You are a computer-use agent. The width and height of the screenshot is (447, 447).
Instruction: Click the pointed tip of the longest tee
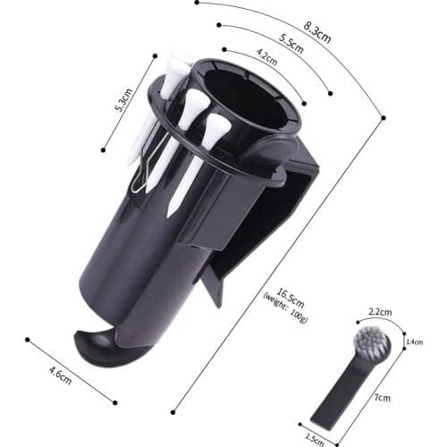click(x=169, y=215)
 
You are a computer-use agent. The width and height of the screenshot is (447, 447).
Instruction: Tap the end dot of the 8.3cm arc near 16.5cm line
click(x=384, y=116)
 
